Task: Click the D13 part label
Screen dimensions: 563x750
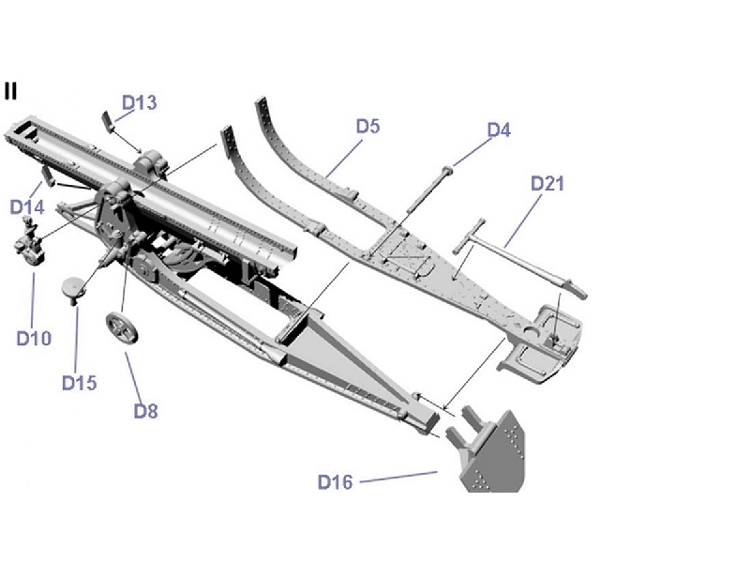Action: (x=140, y=102)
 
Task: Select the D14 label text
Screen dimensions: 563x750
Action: (x=27, y=205)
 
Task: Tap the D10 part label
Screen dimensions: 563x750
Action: (x=34, y=338)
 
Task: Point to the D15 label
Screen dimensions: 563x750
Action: (x=80, y=382)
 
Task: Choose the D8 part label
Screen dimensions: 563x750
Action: (x=147, y=410)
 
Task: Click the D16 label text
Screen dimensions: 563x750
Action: (x=335, y=482)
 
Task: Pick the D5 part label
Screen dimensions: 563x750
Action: (x=367, y=126)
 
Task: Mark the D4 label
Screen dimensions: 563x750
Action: (x=499, y=129)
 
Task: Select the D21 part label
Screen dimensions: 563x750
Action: (x=547, y=183)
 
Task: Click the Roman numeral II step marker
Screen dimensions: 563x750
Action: (x=10, y=90)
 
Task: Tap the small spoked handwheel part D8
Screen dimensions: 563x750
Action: (x=122, y=328)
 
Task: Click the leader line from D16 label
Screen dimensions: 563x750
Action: (x=398, y=478)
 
